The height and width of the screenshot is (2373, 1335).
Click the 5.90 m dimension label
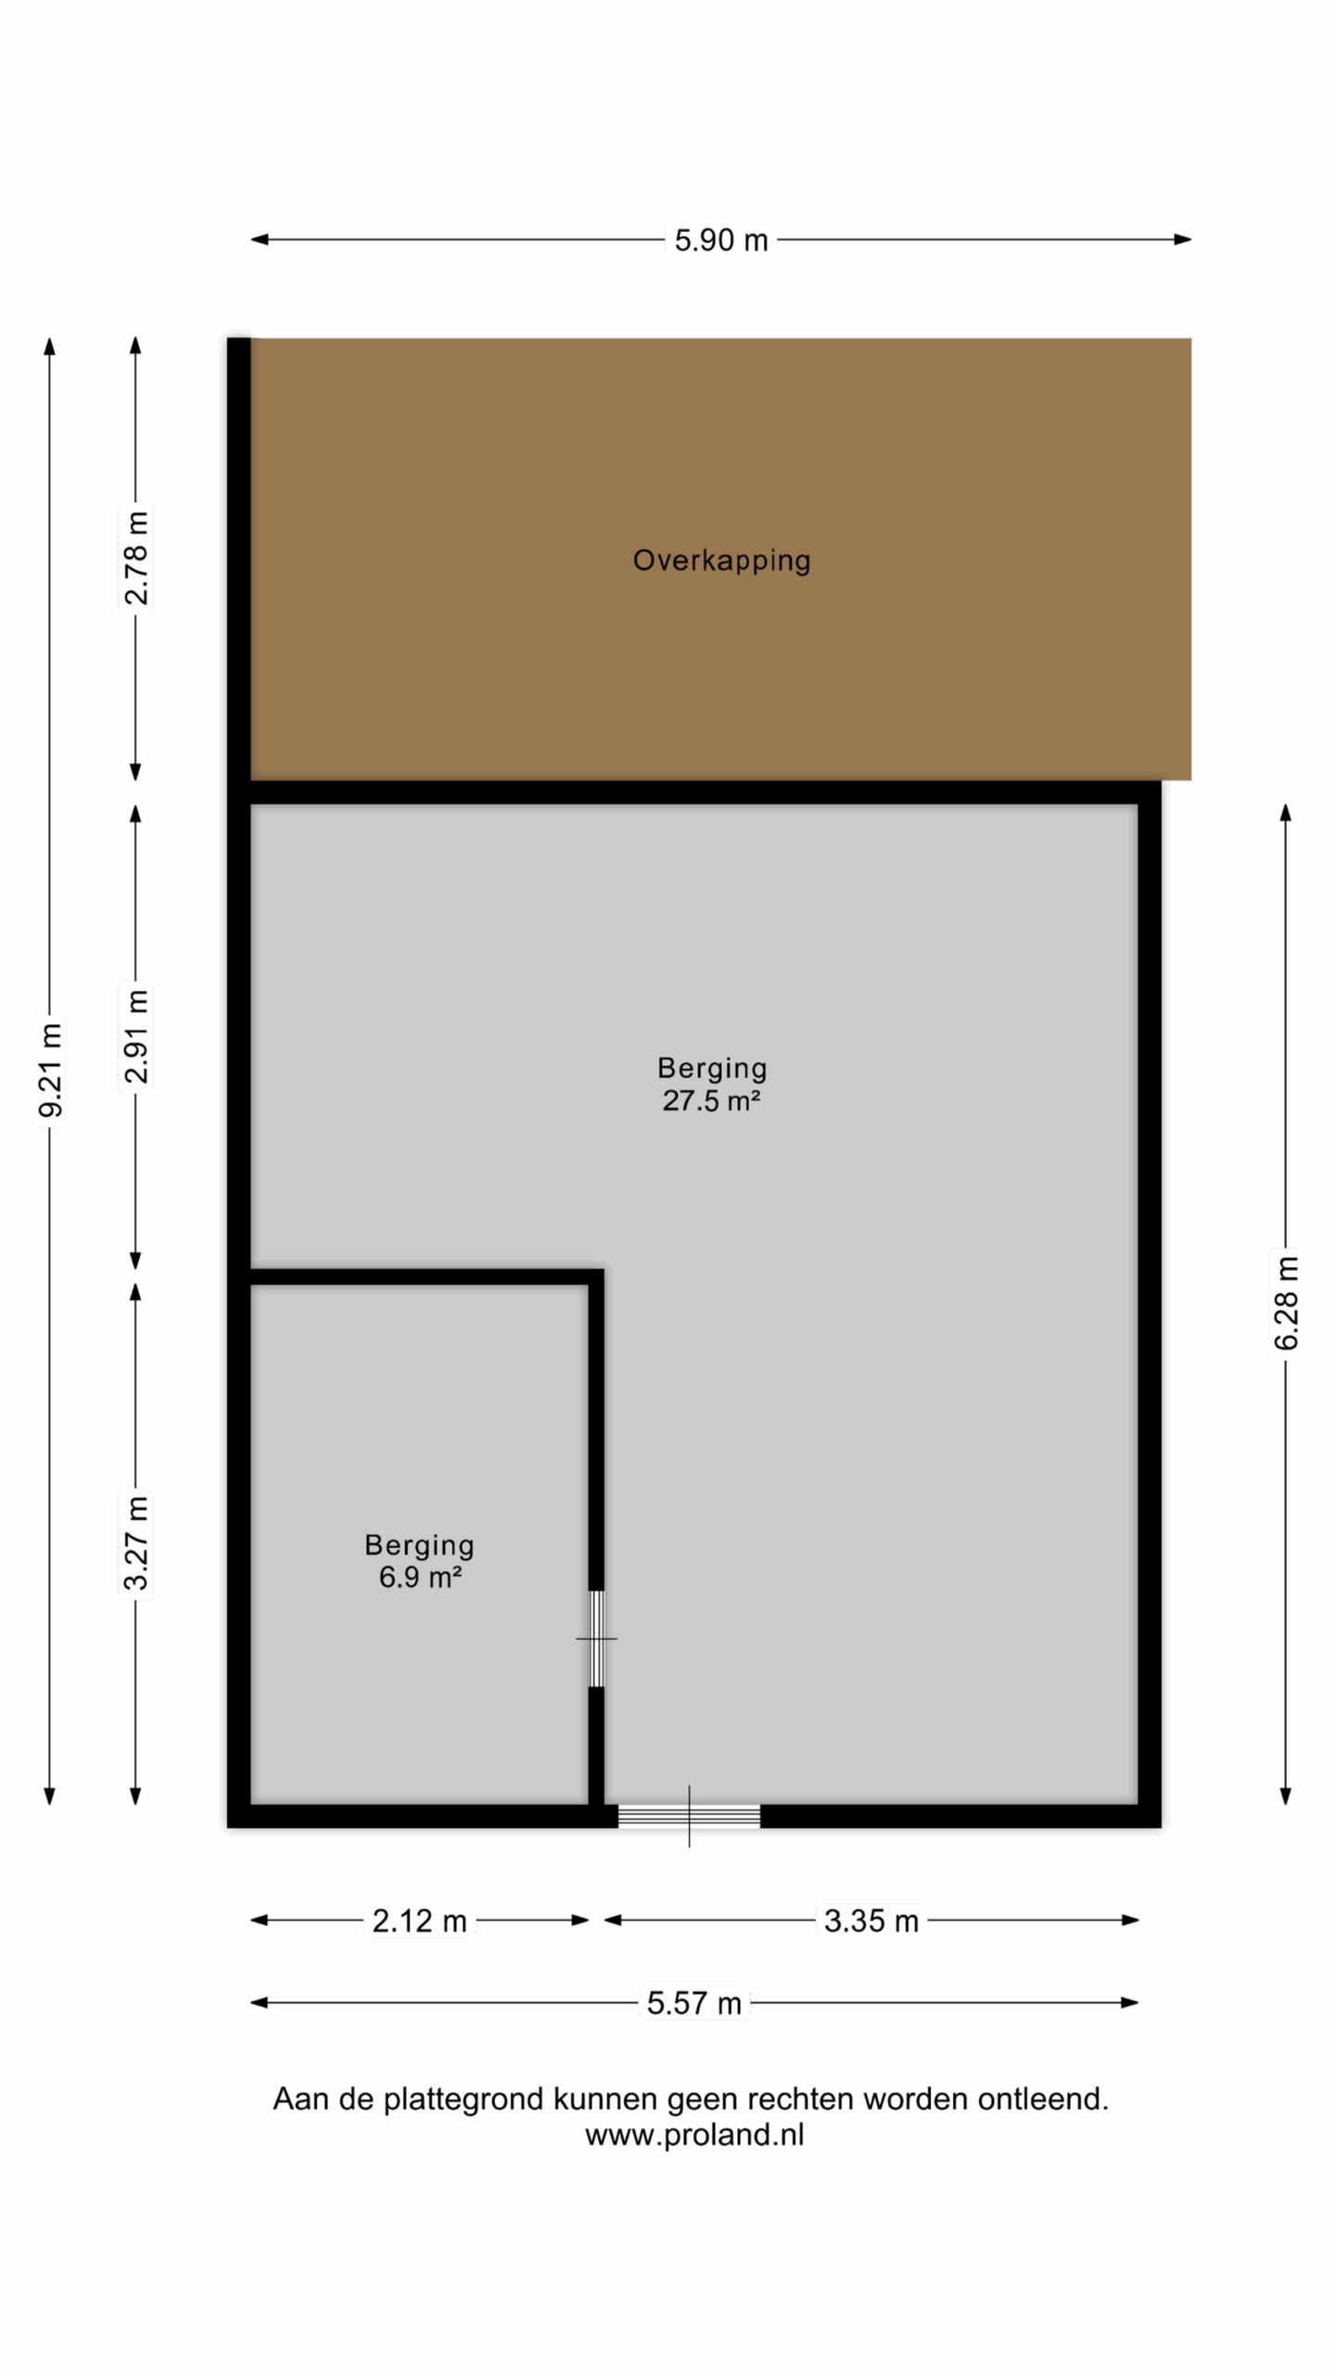point(720,240)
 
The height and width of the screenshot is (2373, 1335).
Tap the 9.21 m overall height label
point(50,1070)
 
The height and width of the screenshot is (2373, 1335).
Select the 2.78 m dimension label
point(135,557)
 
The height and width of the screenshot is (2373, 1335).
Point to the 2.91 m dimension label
point(135,1036)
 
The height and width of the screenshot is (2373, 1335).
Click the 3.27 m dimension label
point(135,1543)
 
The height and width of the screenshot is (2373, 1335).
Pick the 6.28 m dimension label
point(1286,1302)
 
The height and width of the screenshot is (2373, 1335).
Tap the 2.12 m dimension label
point(419,1921)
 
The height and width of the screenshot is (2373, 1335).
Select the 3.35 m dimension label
point(871,1921)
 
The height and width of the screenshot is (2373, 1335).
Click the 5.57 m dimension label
point(693,2003)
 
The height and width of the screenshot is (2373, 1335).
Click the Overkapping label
point(721,561)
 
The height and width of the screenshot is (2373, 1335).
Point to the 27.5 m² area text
point(711,1100)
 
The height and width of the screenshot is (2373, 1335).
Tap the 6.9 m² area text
point(420,1577)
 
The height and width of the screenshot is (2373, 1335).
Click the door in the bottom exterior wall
point(689,1817)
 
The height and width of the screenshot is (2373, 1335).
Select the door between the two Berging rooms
point(596,1639)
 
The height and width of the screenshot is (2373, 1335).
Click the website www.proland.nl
point(694,2135)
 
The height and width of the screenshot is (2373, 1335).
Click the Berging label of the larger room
point(712,1069)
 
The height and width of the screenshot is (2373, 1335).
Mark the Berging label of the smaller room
point(419,1545)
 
